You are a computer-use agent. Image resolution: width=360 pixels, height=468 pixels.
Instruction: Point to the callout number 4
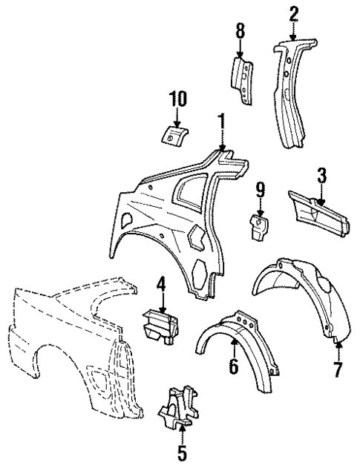pos(160,283)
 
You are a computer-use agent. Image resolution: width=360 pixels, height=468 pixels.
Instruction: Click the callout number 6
pos(233,366)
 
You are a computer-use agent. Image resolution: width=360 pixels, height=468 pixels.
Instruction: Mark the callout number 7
pos(338,369)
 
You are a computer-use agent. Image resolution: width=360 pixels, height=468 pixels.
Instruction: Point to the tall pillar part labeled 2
pos(290,96)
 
